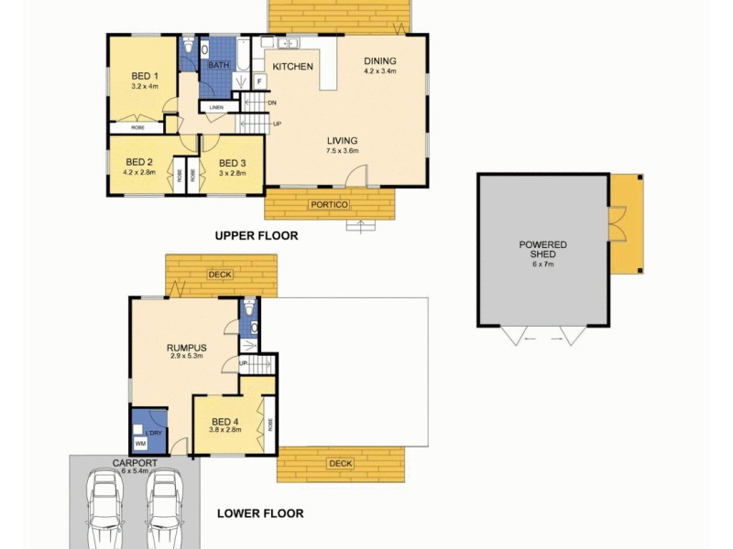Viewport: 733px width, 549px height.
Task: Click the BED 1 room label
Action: coord(145,75)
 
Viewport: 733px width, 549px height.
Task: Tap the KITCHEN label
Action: coord(292,67)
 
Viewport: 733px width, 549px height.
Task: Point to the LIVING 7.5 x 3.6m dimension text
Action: coord(344,151)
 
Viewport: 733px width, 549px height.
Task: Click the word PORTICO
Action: coord(329,204)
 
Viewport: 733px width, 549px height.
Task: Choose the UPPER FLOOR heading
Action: coord(257,236)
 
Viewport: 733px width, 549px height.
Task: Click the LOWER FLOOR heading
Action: coord(260,513)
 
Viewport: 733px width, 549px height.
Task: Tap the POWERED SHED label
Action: coord(542,250)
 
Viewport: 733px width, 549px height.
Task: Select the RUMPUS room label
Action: coord(185,348)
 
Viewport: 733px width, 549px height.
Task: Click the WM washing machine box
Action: coord(140,444)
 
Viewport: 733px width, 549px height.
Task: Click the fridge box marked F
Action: coord(259,82)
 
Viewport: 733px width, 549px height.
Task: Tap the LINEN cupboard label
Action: coord(216,108)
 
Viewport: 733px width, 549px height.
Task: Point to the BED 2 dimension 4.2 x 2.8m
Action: coord(141,171)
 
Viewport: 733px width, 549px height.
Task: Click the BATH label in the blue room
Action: coord(218,65)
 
